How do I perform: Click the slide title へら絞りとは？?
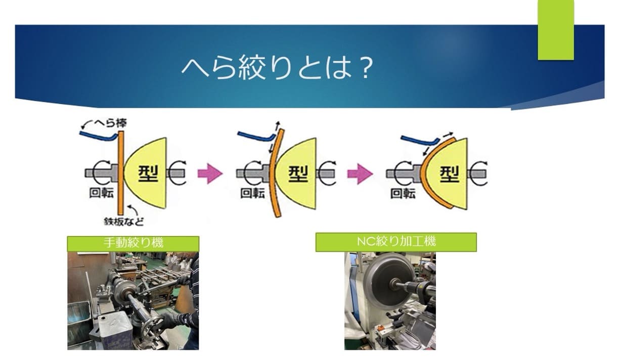click(277, 67)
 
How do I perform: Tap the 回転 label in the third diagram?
click(403, 194)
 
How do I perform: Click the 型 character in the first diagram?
click(148, 173)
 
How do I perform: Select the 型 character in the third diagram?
click(449, 173)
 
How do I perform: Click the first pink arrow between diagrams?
click(210, 174)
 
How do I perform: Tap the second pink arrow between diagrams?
click(360, 174)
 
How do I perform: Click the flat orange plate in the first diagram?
click(121, 172)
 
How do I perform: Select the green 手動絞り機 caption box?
click(133, 243)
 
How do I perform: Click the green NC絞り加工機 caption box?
click(396, 242)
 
